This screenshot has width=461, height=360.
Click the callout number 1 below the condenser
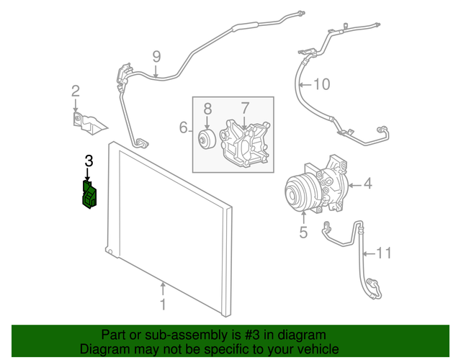pyautogui.click(x=163, y=305)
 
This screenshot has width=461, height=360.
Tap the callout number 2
pyautogui.click(x=75, y=91)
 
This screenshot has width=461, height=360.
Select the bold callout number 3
pyautogui.click(x=89, y=161)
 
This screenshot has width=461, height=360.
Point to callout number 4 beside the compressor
pyautogui.click(x=367, y=184)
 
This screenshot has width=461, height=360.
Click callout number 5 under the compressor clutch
pyautogui.click(x=303, y=232)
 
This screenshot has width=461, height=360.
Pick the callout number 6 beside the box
pyautogui.click(x=184, y=128)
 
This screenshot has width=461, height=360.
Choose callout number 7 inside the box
pyautogui.click(x=245, y=108)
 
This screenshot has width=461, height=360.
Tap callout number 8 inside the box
pyautogui.click(x=207, y=109)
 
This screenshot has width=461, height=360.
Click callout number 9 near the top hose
pyautogui.click(x=156, y=57)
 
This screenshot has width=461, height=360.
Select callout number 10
pyautogui.click(x=321, y=84)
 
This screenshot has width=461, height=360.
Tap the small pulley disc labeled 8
pyautogui.click(x=206, y=140)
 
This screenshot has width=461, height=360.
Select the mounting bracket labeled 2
pyautogui.click(x=89, y=122)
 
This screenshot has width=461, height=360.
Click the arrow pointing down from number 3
pyautogui.click(x=88, y=175)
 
